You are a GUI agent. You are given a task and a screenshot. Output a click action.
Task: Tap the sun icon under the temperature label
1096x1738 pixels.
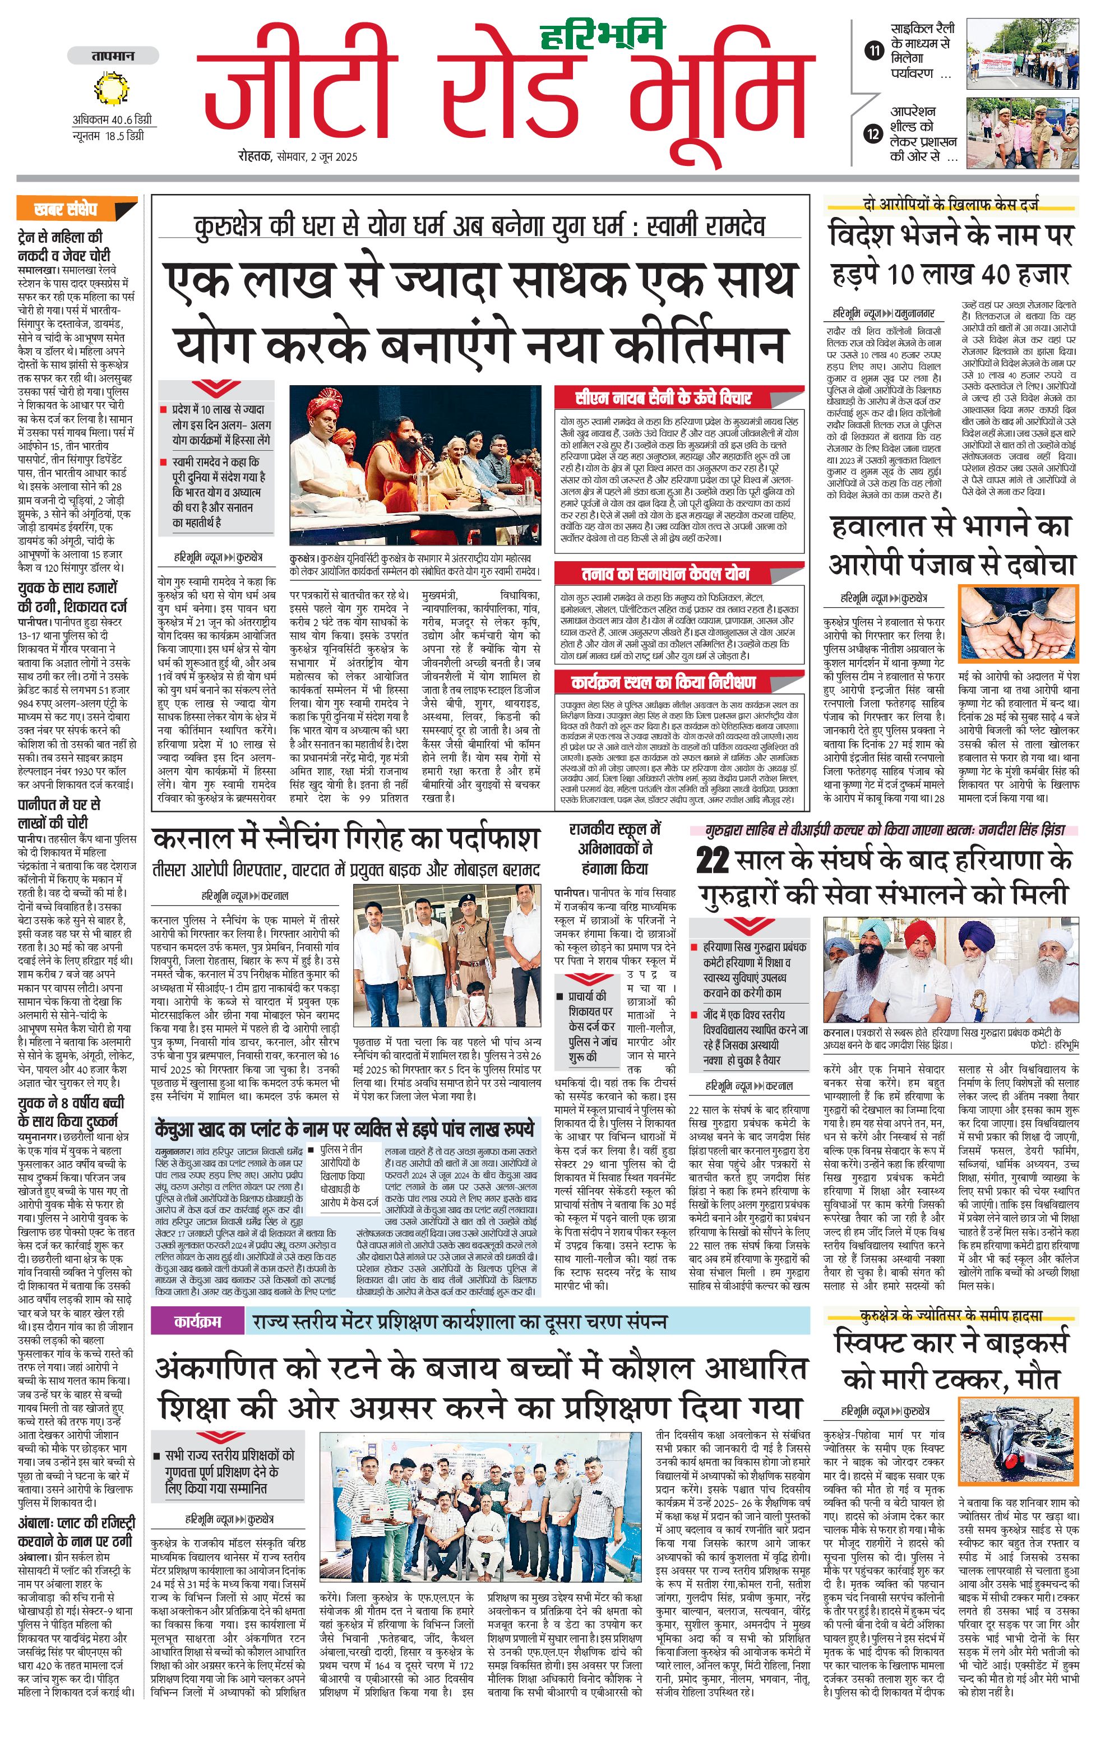(x=112, y=89)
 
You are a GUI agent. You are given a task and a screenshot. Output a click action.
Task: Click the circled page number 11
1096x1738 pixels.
(x=875, y=50)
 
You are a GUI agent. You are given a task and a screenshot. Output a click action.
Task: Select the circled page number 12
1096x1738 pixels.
(x=874, y=133)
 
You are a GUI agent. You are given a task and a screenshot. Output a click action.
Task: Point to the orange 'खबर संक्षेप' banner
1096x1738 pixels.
(x=76, y=209)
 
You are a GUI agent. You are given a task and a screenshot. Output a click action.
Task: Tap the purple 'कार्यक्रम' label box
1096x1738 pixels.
(x=197, y=1322)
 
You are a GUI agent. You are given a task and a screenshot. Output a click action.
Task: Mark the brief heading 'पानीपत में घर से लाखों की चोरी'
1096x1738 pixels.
(x=59, y=813)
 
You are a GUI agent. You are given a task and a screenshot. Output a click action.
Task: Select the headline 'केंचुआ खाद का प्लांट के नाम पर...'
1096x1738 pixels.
(x=345, y=1130)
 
